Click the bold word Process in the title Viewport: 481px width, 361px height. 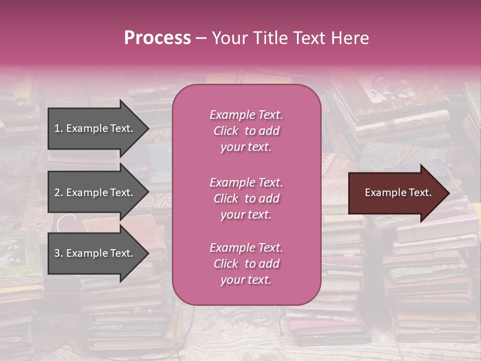(x=157, y=38)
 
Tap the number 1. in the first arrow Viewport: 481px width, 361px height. (x=59, y=128)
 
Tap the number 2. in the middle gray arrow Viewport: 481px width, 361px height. (x=59, y=193)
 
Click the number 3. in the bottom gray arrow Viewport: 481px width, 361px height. (x=59, y=253)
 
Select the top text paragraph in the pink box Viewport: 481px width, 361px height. (x=246, y=131)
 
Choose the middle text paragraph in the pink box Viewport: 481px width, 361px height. (x=246, y=199)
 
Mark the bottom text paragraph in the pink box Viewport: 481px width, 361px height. (x=246, y=264)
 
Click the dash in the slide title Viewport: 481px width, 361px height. (x=201, y=38)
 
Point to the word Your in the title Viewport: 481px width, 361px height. (x=228, y=38)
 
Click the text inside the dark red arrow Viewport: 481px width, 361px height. (x=398, y=193)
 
